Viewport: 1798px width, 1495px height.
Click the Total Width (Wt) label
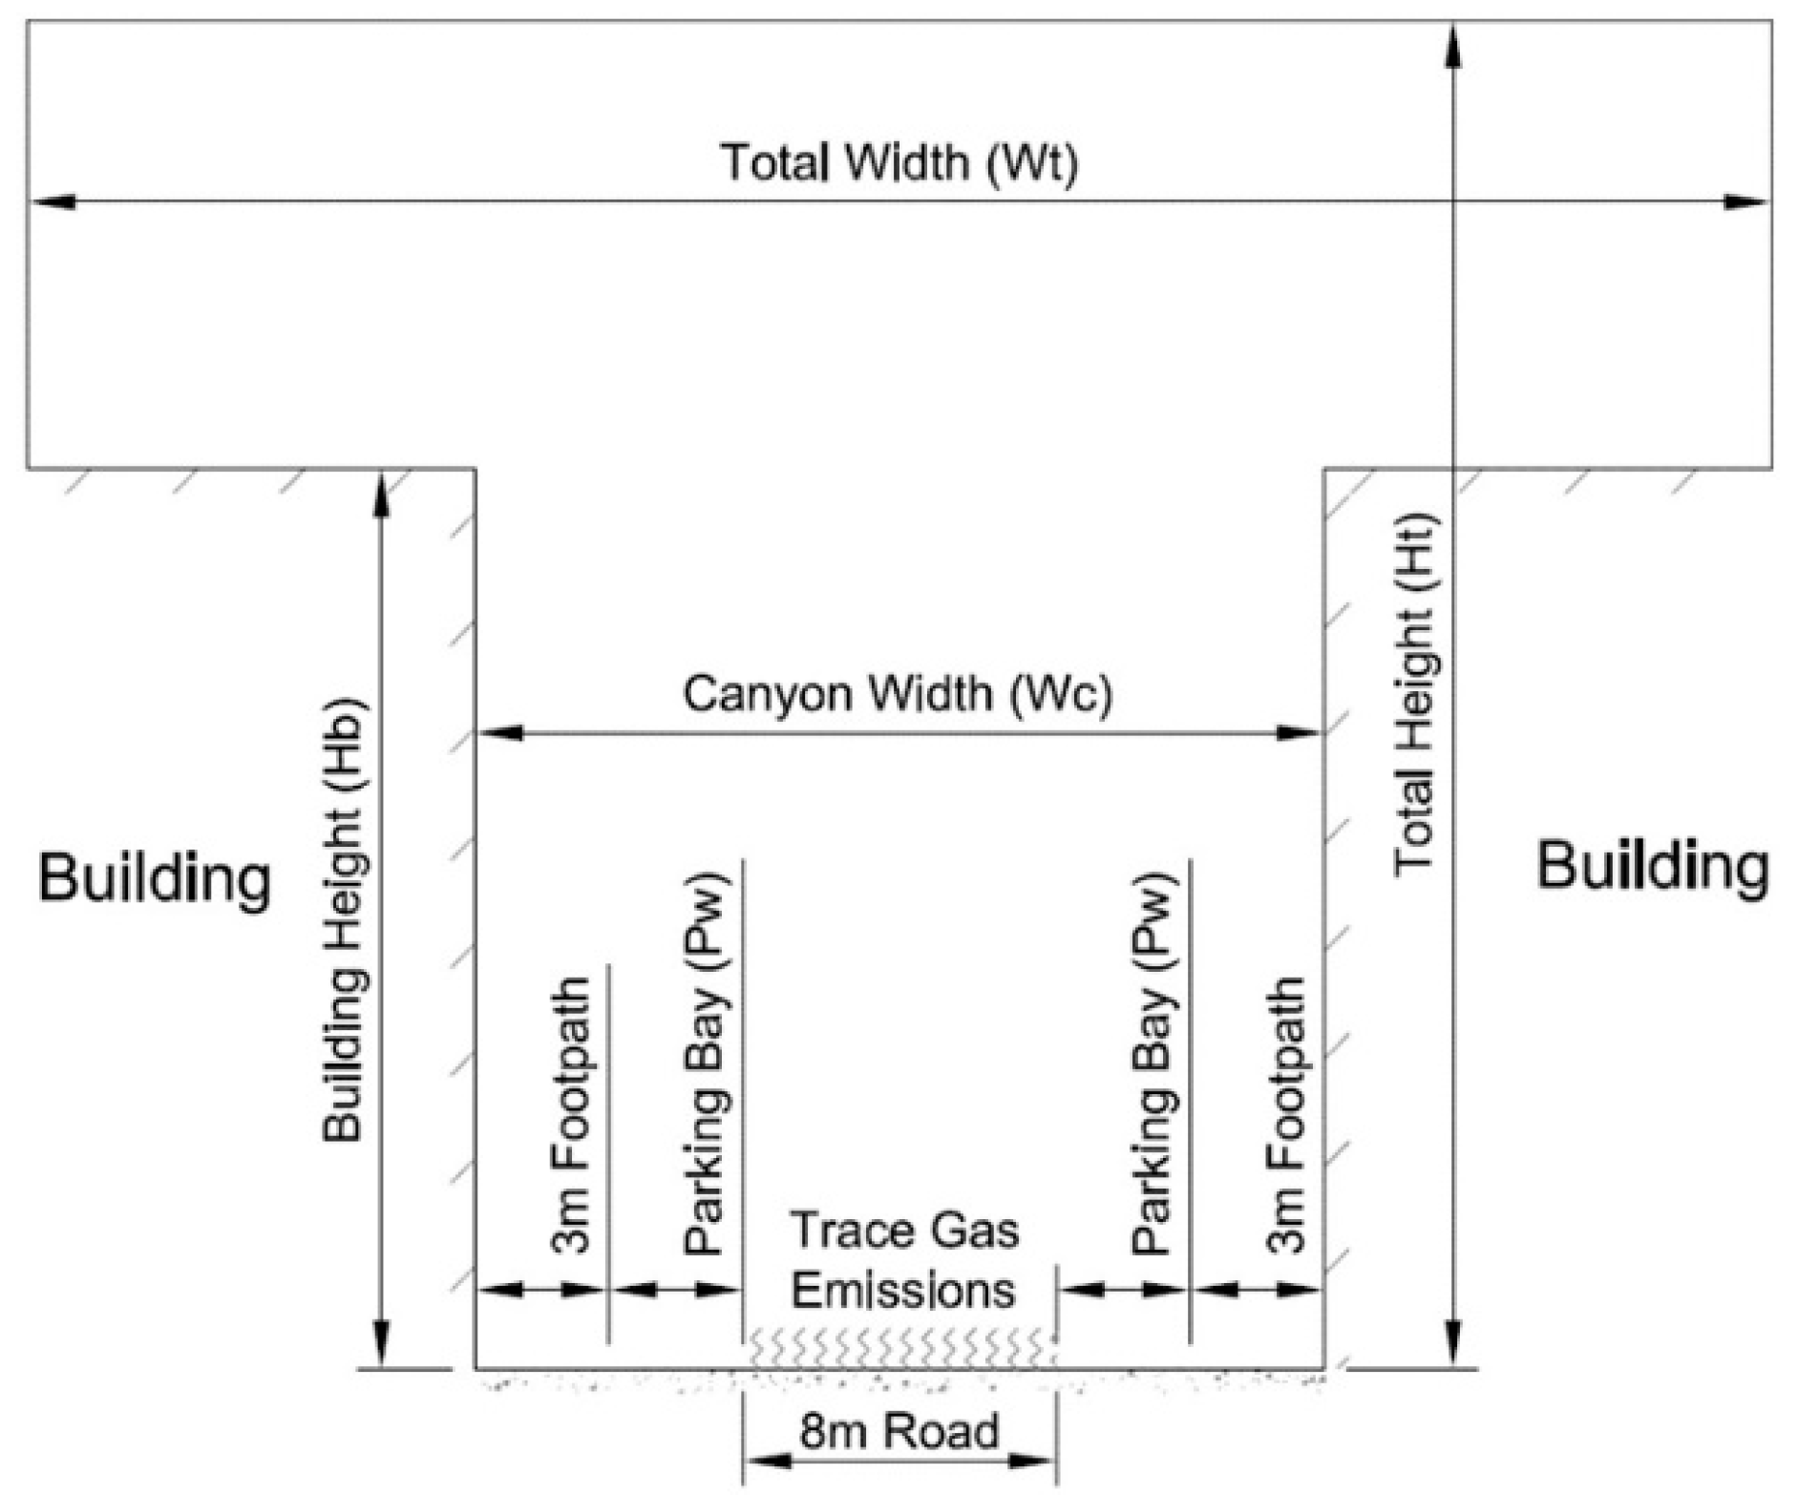click(899, 162)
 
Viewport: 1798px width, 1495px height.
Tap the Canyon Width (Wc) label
click(898, 694)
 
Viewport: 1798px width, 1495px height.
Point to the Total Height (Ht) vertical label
click(1415, 694)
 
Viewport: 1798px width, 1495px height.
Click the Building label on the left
click(155, 878)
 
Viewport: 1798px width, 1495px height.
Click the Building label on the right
click(1652, 867)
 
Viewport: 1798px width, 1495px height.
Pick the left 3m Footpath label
click(571, 1114)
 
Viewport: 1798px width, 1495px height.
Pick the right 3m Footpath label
click(1286, 1114)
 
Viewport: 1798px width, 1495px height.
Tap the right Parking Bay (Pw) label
click(1153, 1063)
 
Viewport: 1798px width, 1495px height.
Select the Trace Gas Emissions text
click(903, 1260)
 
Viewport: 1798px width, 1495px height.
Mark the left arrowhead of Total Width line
click(53, 201)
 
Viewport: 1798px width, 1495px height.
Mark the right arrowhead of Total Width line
click(1747, 201)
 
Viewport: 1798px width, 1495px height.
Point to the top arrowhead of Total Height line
click(1453, 46)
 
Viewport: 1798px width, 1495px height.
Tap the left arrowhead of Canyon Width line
click(498, 733)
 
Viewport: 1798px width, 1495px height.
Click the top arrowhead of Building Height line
click(381, 493)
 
